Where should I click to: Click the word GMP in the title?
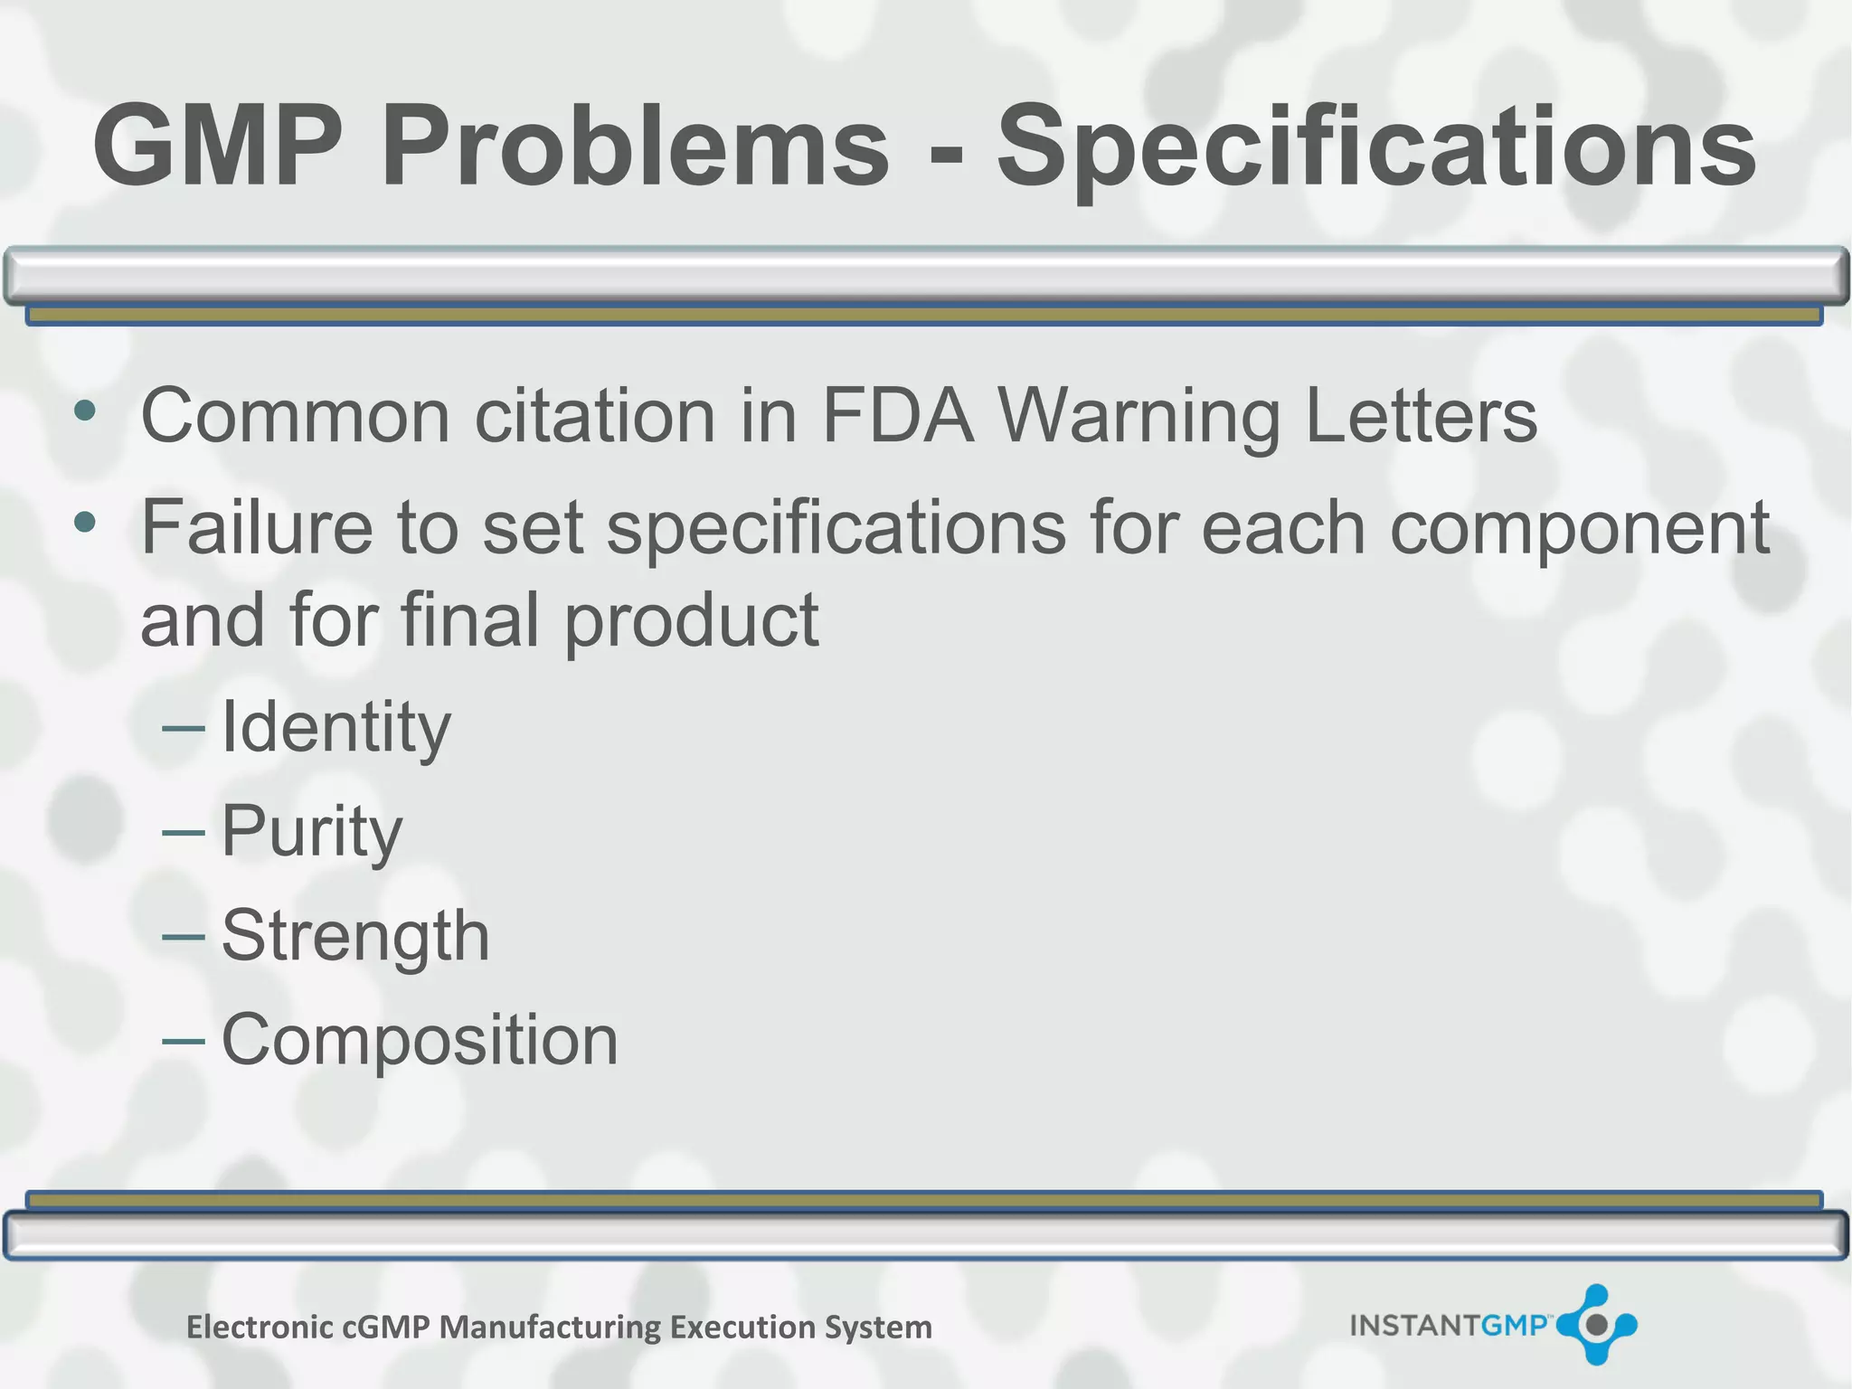pos(218,146)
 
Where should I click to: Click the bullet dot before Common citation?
pos(85,411)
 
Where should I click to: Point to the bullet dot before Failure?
pos(85,522)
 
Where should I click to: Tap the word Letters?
pos(1421,416)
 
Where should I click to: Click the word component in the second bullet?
pos(1579,529)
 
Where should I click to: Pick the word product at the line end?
pos(692,622)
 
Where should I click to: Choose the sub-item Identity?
pos(335,728)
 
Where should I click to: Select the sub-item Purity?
pos(311,832)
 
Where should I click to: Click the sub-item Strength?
pos(355,937)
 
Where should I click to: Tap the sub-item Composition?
pos(420,1041)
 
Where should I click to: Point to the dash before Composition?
pos(184,1040)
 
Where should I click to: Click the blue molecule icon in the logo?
pos(1596,1325)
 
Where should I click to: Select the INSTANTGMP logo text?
pos(1448,1326)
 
